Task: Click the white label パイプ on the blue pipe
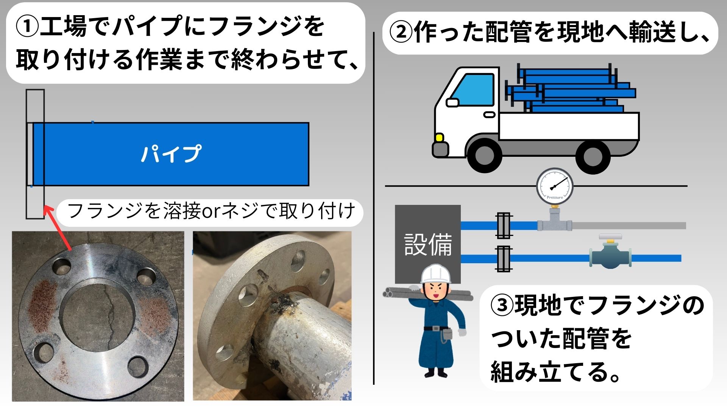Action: coord(170,154)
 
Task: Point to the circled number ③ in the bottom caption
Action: coord(502,306)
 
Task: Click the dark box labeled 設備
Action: coord(428,244)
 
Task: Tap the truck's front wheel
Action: coord(484,156)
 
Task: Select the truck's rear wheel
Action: coord(593,156)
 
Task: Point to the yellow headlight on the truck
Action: coord(439,137)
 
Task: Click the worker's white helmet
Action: coord(436,274)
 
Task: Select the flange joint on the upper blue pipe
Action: coord(504,226)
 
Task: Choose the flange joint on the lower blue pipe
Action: coord(504,259)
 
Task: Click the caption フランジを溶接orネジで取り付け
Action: coord(211,211)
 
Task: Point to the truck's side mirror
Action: coord(452,102)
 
